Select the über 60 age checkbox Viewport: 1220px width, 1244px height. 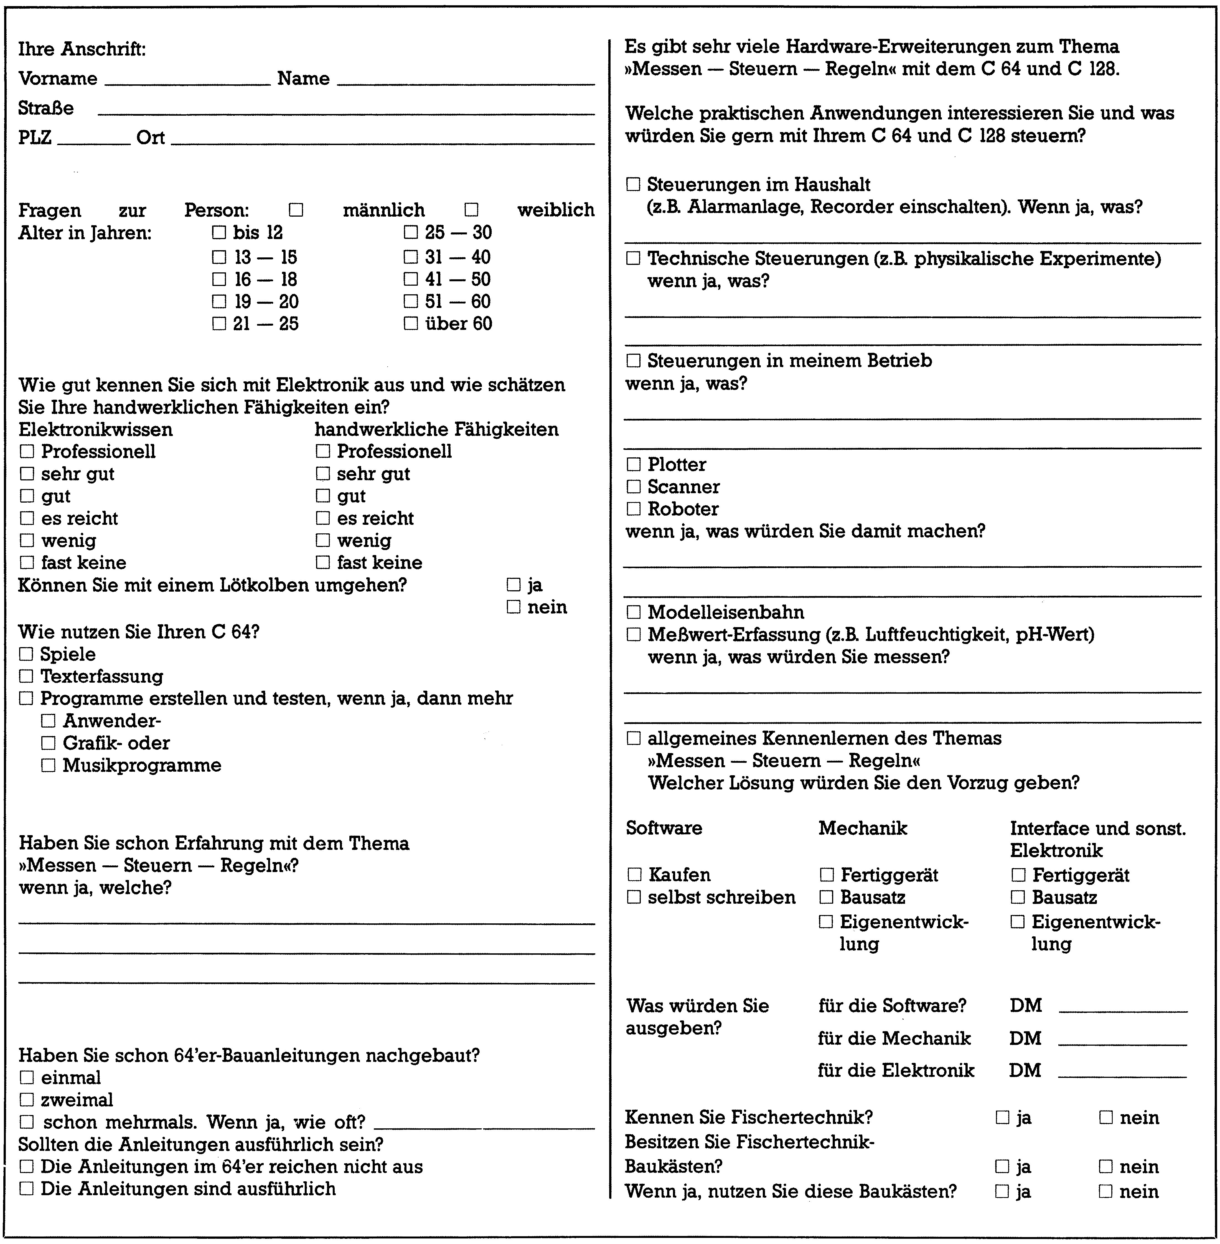tap(411, 324)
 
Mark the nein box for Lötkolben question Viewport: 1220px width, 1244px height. tap(513, 607)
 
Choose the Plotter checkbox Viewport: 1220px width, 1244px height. tap(633, 465)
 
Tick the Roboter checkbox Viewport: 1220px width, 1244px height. tap(633, 509)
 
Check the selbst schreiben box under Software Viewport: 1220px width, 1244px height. tap(634, 897)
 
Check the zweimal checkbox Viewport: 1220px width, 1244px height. tap(26, 1100)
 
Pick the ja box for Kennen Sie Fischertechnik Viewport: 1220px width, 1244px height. tap(1002, 1118)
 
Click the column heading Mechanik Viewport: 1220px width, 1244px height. tap(863, 828)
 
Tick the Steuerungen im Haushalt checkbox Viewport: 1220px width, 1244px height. tap(633, 184)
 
